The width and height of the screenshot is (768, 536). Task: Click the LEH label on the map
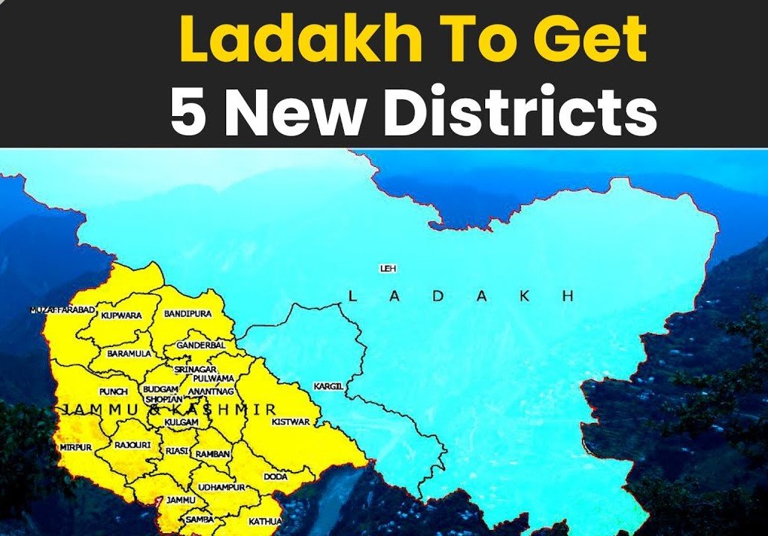click(x=388, y=268)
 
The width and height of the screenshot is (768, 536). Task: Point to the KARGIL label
click(x=328, y=386)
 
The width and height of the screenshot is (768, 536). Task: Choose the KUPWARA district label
click(x=121, y=316)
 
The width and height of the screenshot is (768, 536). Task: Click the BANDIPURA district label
click(x=188, y=314)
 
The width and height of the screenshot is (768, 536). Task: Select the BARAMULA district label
click(x=129, y=354)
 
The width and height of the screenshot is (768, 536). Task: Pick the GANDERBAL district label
click(x=200, y=346)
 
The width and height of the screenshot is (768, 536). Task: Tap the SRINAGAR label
click(x=195, y=369)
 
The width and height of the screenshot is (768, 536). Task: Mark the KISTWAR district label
click(x=290, y=421)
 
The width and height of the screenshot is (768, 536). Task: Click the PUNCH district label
click(x=113, y=392)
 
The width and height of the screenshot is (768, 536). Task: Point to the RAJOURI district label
click(x=132, y=445)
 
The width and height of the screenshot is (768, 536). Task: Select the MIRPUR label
click(x=76, y=447)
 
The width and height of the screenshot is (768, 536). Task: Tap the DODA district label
click(x=275, y=476)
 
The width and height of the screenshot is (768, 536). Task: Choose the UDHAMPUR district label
click(x=222, y=487)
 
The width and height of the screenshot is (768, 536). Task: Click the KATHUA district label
click(x=265, y=521)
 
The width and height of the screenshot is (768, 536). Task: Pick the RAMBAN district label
click(x=213, y=453)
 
